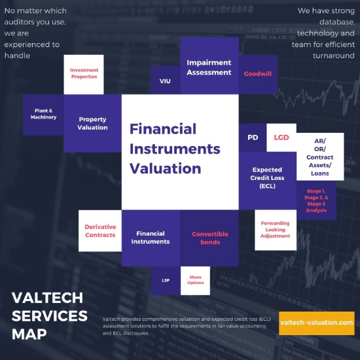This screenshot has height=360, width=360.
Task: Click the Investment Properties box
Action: [x=84, y=75]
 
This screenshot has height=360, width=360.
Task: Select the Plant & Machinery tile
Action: [x=43, y=115]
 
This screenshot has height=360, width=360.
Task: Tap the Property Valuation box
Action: [x=92, y=123]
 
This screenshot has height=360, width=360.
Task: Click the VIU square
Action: [x=166, y=80]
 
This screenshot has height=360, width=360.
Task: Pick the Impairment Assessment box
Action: [x=209, y=65]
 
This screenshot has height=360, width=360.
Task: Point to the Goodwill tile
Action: [x=258, y=75]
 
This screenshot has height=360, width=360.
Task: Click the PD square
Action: [x=253, y=137]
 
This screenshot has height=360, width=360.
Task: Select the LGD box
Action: [x=281, y=137]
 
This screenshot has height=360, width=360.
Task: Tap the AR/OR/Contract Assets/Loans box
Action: [x=320, y=156]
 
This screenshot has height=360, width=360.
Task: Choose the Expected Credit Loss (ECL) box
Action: [x=268, y=181]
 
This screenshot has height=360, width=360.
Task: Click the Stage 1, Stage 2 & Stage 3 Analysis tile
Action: [x=316, y=200]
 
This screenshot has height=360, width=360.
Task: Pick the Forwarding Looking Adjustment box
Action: [x=276, y=230]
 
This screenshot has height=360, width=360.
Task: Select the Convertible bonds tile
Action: [x=209, y=238]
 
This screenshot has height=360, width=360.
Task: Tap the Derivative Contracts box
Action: [x=100, y=230]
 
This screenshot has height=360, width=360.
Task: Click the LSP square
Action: [x=166, y=281]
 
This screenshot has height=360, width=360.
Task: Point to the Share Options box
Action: [x=195, y=281]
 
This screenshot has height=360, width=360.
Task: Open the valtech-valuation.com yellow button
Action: [x=317, y=323]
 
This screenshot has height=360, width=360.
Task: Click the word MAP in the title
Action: [x=29, y=334]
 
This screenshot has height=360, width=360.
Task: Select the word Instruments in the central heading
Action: [x=175, y=149]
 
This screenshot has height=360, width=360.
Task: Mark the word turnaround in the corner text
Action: [x=334, y=56]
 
